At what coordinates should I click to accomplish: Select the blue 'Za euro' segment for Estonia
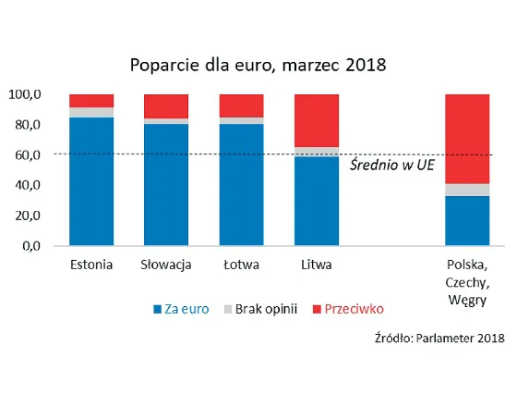[x=91, y=181]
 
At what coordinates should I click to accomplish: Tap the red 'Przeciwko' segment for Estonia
[x=91, y=100]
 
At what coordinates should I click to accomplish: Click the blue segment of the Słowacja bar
[x=166, y=185]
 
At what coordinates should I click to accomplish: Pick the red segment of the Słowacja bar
[x=166, y=105]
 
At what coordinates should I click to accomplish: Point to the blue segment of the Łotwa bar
[x=241, y=185]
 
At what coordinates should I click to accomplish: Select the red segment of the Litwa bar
[x=316, y=119]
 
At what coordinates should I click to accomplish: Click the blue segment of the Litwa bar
[x=316, y=201]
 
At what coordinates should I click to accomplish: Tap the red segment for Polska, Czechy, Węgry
[x=467, y=138]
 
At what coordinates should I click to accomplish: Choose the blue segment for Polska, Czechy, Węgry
[x=467, y=221]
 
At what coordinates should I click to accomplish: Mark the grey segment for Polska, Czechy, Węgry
[x=467, y=190]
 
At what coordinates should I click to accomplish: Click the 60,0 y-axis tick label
[x=27, y=155]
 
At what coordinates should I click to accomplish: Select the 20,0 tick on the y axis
[x=27, y=216]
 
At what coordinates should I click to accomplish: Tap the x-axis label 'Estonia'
[x=91, y=265]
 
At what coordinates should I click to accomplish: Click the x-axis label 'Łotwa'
[x=241, y=265]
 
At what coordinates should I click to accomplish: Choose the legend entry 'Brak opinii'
[x=262, y=309]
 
